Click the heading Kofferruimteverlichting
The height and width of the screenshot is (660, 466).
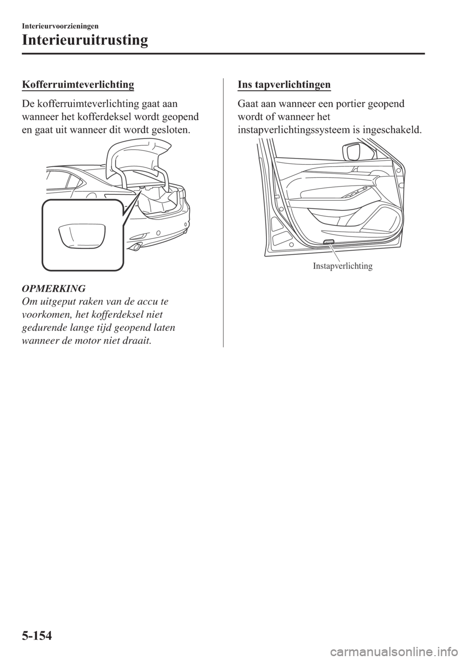tap(78, 85)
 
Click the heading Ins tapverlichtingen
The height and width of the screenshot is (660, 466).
tap(284, 85)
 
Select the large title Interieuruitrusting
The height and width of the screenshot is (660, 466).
tap(84, 41)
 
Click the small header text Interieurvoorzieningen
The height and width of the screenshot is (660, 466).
tap(60, 26)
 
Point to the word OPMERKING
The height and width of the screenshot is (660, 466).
tap(54, 288)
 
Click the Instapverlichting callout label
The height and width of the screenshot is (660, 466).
tap(343, 266)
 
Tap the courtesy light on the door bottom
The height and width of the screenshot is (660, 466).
tap(329, 242)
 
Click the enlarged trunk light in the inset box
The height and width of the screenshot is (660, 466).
tap(82, 236)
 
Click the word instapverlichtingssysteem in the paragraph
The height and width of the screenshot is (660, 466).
tap(299, 130)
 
